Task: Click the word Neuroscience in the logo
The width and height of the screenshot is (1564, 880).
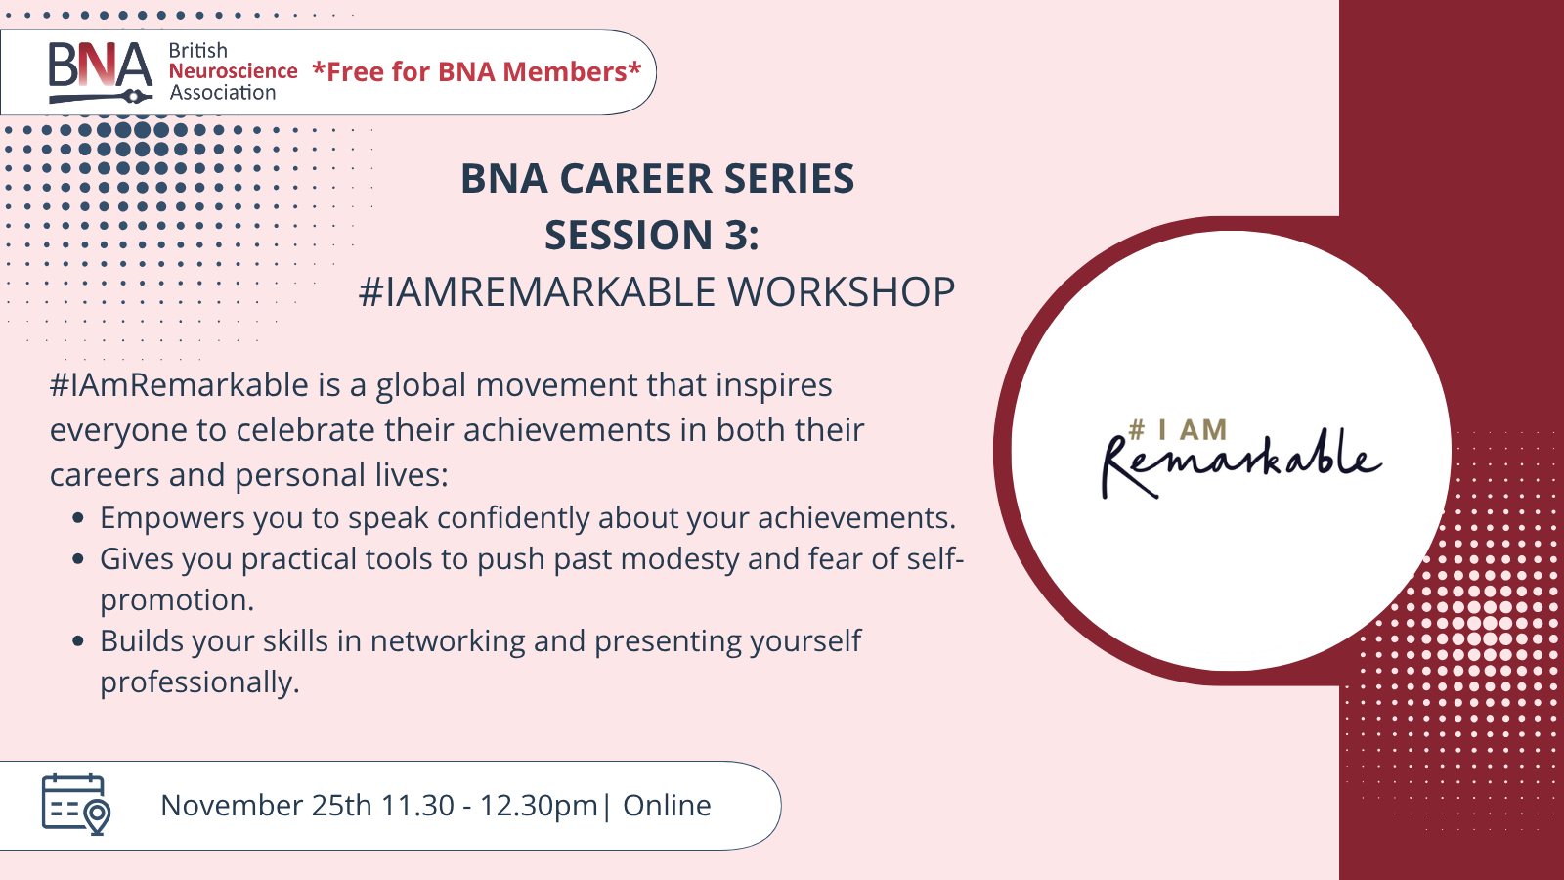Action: click(x=234, y=71)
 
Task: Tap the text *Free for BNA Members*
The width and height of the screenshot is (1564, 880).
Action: click(x=477, y=72)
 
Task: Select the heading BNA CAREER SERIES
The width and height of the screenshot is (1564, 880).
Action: click(x=657, y=178)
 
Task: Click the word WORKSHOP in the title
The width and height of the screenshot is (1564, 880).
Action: click(x=842, y=292)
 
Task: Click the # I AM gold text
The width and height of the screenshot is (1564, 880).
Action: click(x=1177, y=430)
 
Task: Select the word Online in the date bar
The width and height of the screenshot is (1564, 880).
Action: click(x=667, y=806)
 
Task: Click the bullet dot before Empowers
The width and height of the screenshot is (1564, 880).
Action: click(x=78, y=518)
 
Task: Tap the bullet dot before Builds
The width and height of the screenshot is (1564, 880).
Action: click(x=78, y=641)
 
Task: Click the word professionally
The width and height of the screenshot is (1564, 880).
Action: click(x=199, y=683)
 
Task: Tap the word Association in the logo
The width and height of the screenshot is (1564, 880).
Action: click(x=223, y=93)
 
